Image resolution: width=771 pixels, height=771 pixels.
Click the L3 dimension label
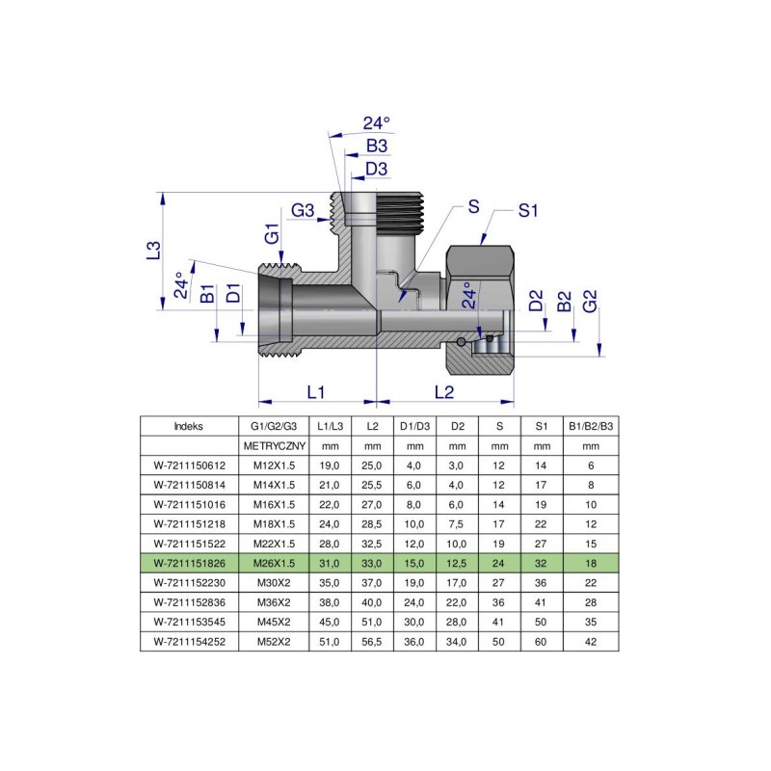tap(153, 251)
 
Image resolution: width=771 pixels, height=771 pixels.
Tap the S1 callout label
tap(527, 211)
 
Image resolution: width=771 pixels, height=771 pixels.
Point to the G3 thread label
tap(304, 211)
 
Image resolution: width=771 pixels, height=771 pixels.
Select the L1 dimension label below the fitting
tap(315, 392)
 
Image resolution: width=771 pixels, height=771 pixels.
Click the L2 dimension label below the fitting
tap(443, 392)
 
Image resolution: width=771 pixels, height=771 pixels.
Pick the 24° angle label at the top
tap(377, 123)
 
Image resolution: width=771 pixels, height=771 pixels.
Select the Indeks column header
tap(189, 426)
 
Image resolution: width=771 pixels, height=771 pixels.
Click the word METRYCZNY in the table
tap(274, 445)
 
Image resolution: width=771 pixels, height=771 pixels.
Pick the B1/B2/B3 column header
tap(591, 426)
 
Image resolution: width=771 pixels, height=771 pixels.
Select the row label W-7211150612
tap(189, 465)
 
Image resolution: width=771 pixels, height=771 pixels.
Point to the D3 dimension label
tap(377, 170)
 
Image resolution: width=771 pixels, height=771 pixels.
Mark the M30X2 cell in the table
tap(274, 582)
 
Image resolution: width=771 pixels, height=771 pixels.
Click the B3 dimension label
tap(377, 146)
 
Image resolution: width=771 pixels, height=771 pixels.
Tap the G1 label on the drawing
tap(272, 234)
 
